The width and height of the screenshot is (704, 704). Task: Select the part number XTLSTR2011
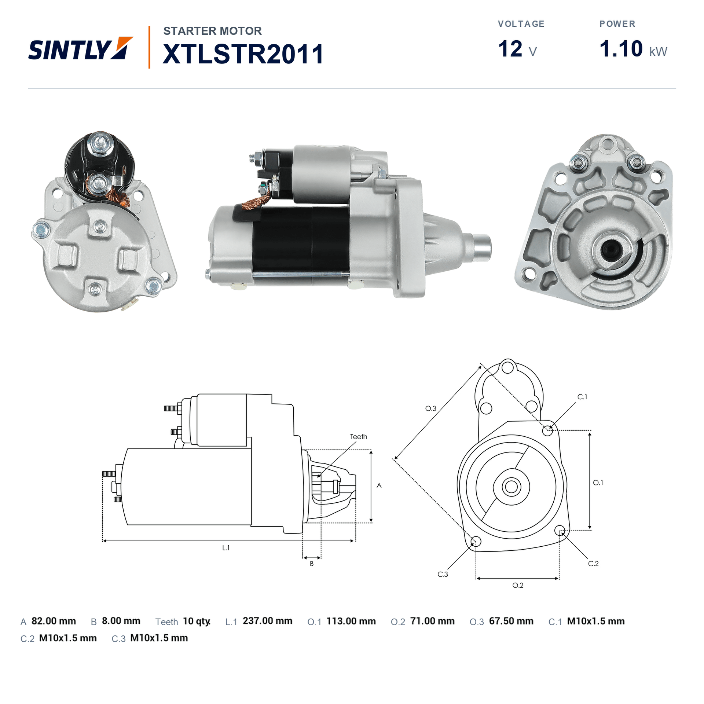pyautogui.click(x=243, y=54)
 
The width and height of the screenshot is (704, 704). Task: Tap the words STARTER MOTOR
pyautogui.click(x=213, y=31)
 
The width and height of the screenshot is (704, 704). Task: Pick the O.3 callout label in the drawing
pyautogui.click(x=431, y=408)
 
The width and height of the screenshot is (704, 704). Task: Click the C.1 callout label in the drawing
pyautogui.click(x=582, y=397)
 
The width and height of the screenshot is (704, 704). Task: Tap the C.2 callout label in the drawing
pyautogui.click(x=593, y=564)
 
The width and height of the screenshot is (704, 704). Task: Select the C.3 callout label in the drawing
pyautogui.click(x=443, y=574)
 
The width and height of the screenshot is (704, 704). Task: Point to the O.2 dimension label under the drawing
pyautogui.click(x=518, y=585)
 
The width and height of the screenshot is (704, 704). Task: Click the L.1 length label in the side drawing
pyautogui.click(x=226, y=548)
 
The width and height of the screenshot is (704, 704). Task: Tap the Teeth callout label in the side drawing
pyautogui.click(x=359, y=437)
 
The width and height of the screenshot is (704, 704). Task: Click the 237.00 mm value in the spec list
pyautogui.click(x=268, y=621)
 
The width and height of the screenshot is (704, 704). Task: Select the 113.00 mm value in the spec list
pyautogui.click(x=351, y=621)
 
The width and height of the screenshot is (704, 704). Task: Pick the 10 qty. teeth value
pyautogui.click(x=197, y=621)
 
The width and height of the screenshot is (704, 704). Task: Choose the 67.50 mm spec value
pyautogui.click(x=511, y=621)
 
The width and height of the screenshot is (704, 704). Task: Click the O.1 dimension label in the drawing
pyautogui.click(x=598, y=483)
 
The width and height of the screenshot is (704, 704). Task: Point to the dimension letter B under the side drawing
pyautogui.click(x=312, y=564)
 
